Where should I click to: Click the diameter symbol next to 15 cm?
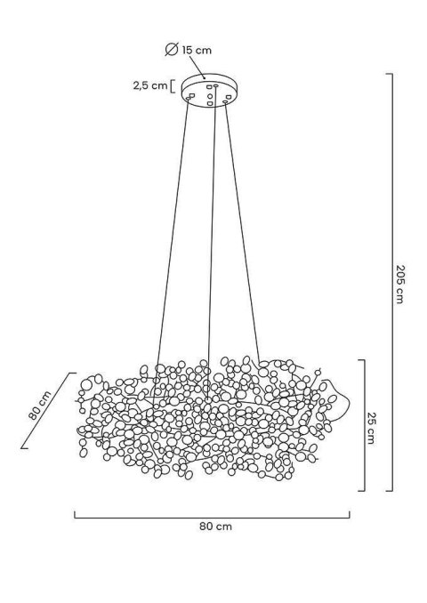172,51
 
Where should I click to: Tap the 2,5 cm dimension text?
146,85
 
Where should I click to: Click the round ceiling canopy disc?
210,91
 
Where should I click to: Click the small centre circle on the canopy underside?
211,92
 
